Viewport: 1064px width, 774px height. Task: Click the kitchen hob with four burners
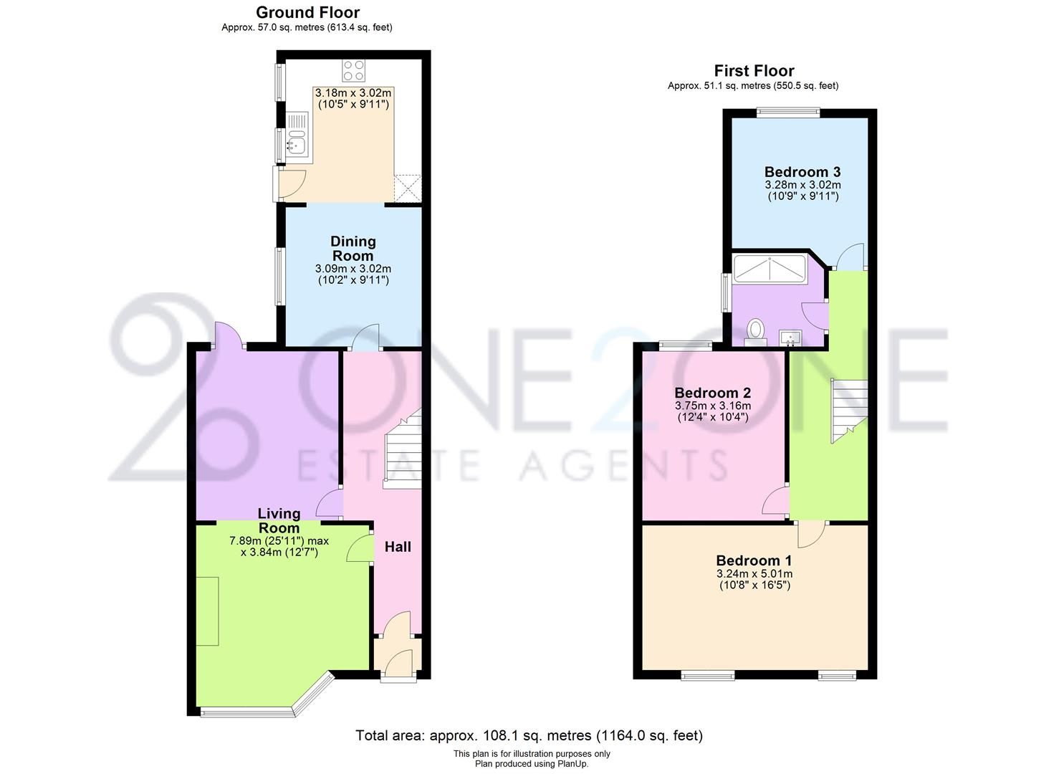pyautogui.click(x=353, y=70)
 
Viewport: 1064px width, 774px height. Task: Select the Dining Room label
pyautogui.click(x=353, y=249)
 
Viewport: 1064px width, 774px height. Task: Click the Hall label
pyautogui.click(x=398, y=547)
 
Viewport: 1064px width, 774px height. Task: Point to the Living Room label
pyautogui.click(x=279, y=520)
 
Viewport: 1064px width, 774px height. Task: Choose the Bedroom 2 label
pyautogui.click(x=712, y=393)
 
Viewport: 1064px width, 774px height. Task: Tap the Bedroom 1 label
pyautogui.click(x=754, y=560)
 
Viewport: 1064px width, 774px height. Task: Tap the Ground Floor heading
pyautogui.click(x=307, y=12)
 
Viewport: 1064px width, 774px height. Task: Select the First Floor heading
pyautogui.click(x=754, y=71)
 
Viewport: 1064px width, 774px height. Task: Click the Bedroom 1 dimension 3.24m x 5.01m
pyautogui.click(x=754, y=574)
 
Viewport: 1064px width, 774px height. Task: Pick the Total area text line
pyautogui.click(x=530, y=735)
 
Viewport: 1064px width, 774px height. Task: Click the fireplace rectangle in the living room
pyautogui.click(x=208, y=611)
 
